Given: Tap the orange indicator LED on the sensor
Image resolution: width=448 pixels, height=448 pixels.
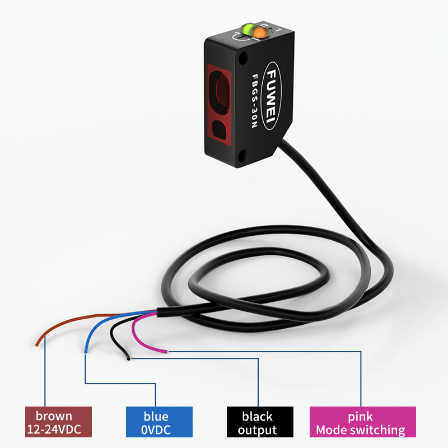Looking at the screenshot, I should (x=259, y=33).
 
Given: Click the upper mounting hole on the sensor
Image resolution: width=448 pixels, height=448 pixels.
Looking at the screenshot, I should (x=243, y=57).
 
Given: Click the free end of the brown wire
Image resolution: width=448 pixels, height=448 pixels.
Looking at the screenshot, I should (x=37, y=343).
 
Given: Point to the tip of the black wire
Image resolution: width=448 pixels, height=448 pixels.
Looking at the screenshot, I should (x=129, y=358).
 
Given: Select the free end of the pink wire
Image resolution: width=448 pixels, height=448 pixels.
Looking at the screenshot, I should (x=166, y=352).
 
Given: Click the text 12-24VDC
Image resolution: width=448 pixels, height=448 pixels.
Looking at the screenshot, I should (x=58, y=430).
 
